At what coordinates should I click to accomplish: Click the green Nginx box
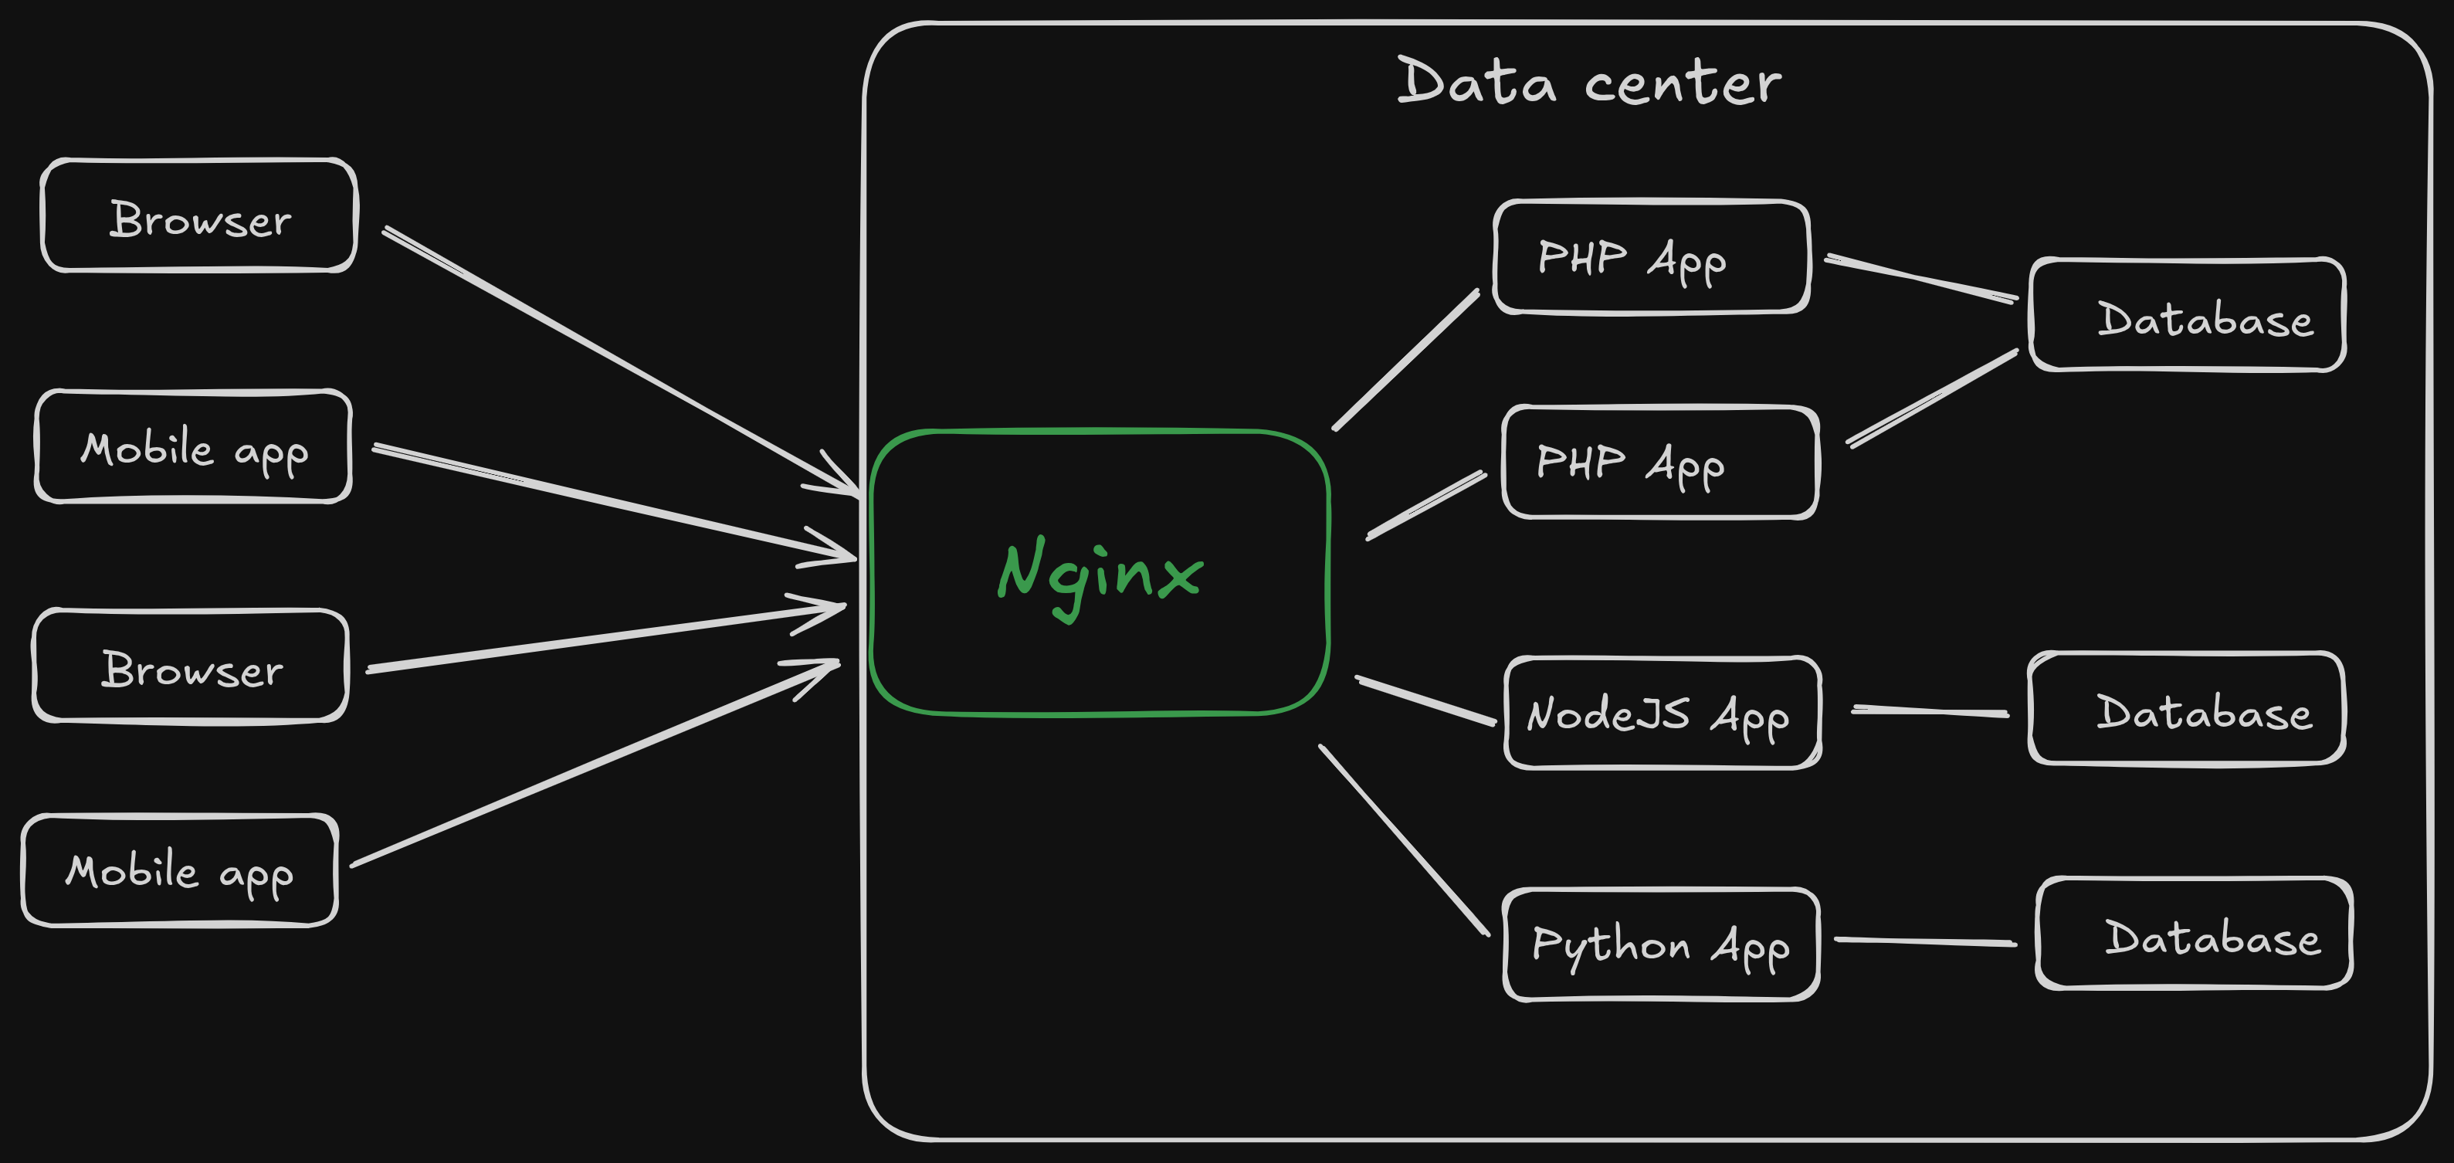1100,571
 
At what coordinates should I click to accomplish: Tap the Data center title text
1588,82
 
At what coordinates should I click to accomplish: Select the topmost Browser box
199,216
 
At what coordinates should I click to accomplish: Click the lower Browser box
191,666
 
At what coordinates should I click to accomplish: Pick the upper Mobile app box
193,446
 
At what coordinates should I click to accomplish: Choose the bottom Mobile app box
179,870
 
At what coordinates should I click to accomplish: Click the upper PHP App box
1651,257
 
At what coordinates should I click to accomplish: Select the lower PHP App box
1659,463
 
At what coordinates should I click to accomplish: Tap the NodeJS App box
1663,714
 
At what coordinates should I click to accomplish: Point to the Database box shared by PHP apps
2188,315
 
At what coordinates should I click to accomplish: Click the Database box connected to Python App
2194,934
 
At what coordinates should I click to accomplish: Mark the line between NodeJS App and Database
1930,710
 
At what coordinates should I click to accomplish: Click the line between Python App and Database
1924,942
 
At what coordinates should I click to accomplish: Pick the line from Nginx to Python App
1403,839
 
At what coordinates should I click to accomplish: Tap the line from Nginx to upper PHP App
1406,359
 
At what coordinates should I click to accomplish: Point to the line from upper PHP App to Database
1920,278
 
